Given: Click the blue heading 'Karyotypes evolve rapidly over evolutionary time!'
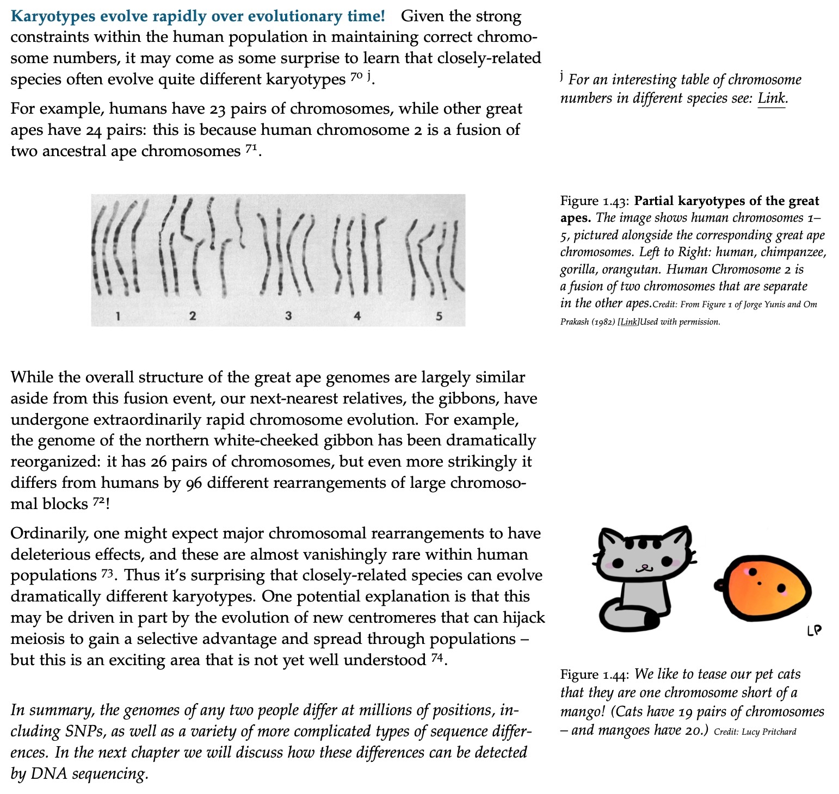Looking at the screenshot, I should point(198,16).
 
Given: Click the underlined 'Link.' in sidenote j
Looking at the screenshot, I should point(772,98).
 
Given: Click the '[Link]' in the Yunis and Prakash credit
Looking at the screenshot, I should point(628,322).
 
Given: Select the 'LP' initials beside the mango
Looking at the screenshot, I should point(814,630).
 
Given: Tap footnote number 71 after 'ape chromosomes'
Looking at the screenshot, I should point(250,148).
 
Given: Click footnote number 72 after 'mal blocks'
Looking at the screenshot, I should point(98,501).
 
